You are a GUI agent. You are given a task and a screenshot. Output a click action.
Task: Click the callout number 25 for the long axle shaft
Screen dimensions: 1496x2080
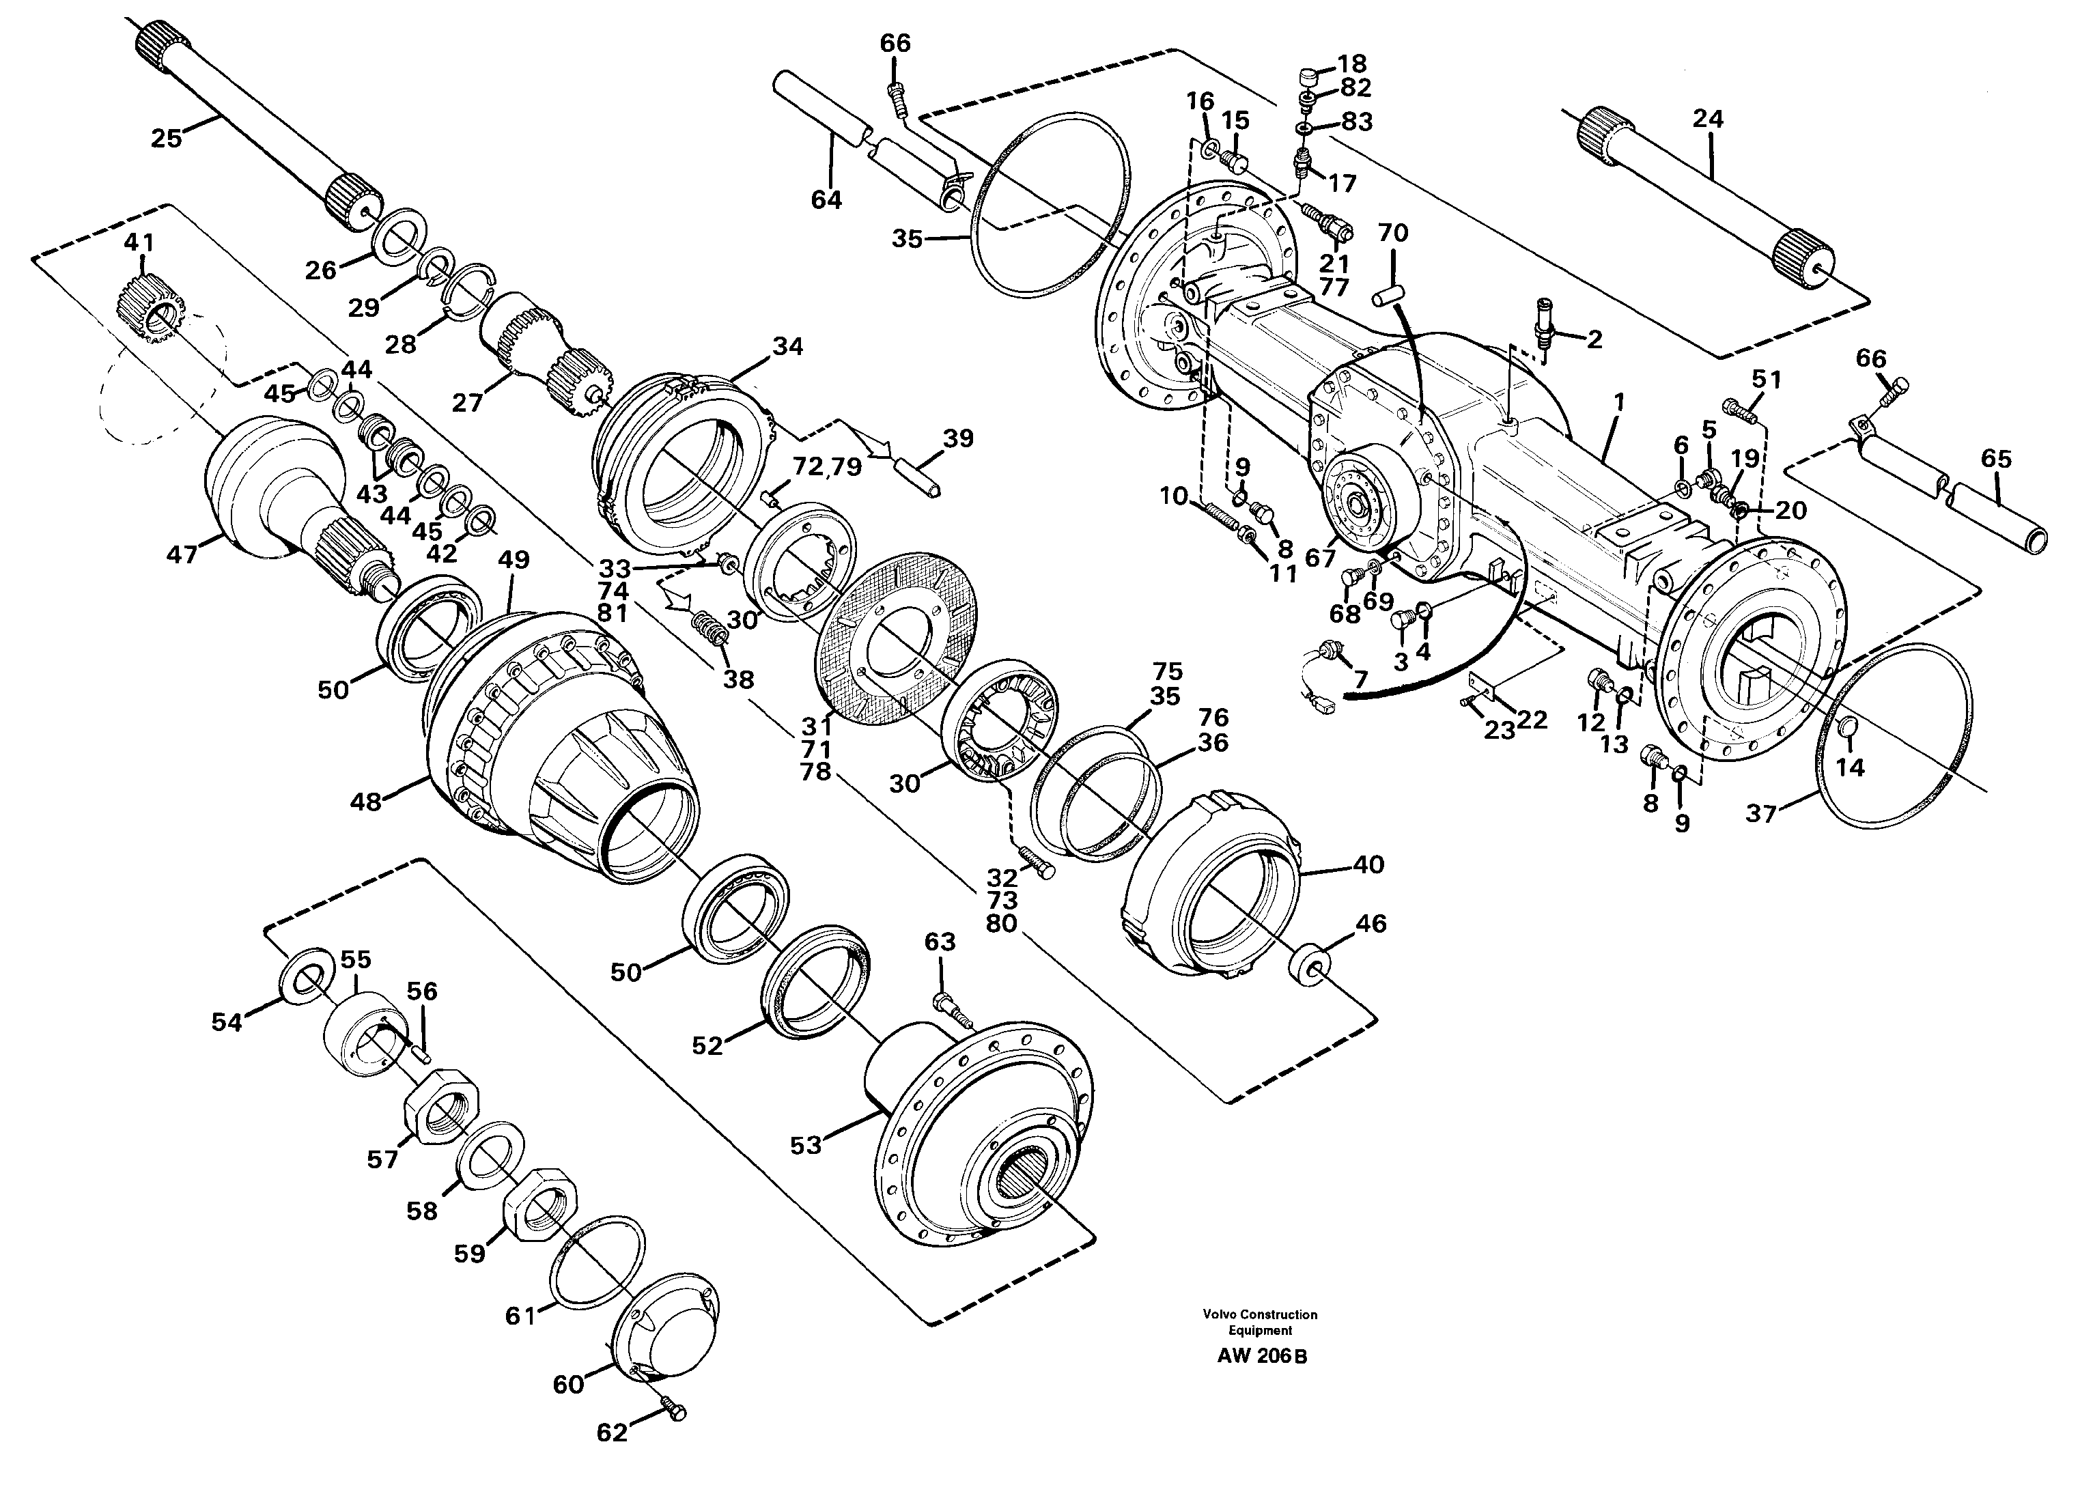point(166,139)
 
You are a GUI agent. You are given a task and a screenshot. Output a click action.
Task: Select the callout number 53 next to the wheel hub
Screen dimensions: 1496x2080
point(805,1146)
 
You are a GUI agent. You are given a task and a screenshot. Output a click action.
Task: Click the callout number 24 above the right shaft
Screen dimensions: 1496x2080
point(1708,118)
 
